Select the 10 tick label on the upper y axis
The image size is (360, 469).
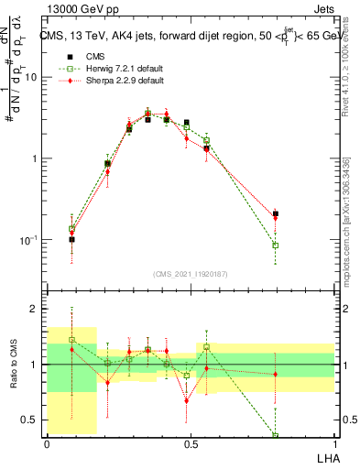tap(31, 78)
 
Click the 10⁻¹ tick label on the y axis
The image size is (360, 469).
tap(29, 240)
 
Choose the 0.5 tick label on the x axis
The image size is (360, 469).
tap(191, 444)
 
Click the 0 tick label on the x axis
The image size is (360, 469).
tap(47, 444)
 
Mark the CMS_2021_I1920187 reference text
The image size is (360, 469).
tap(191, 273)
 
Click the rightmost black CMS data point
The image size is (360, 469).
tap(276, 213)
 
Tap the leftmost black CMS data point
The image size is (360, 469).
tap(72, 239)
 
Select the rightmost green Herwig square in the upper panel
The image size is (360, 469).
tap(276, 245)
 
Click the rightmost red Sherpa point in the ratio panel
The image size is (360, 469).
tap(276, 374)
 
